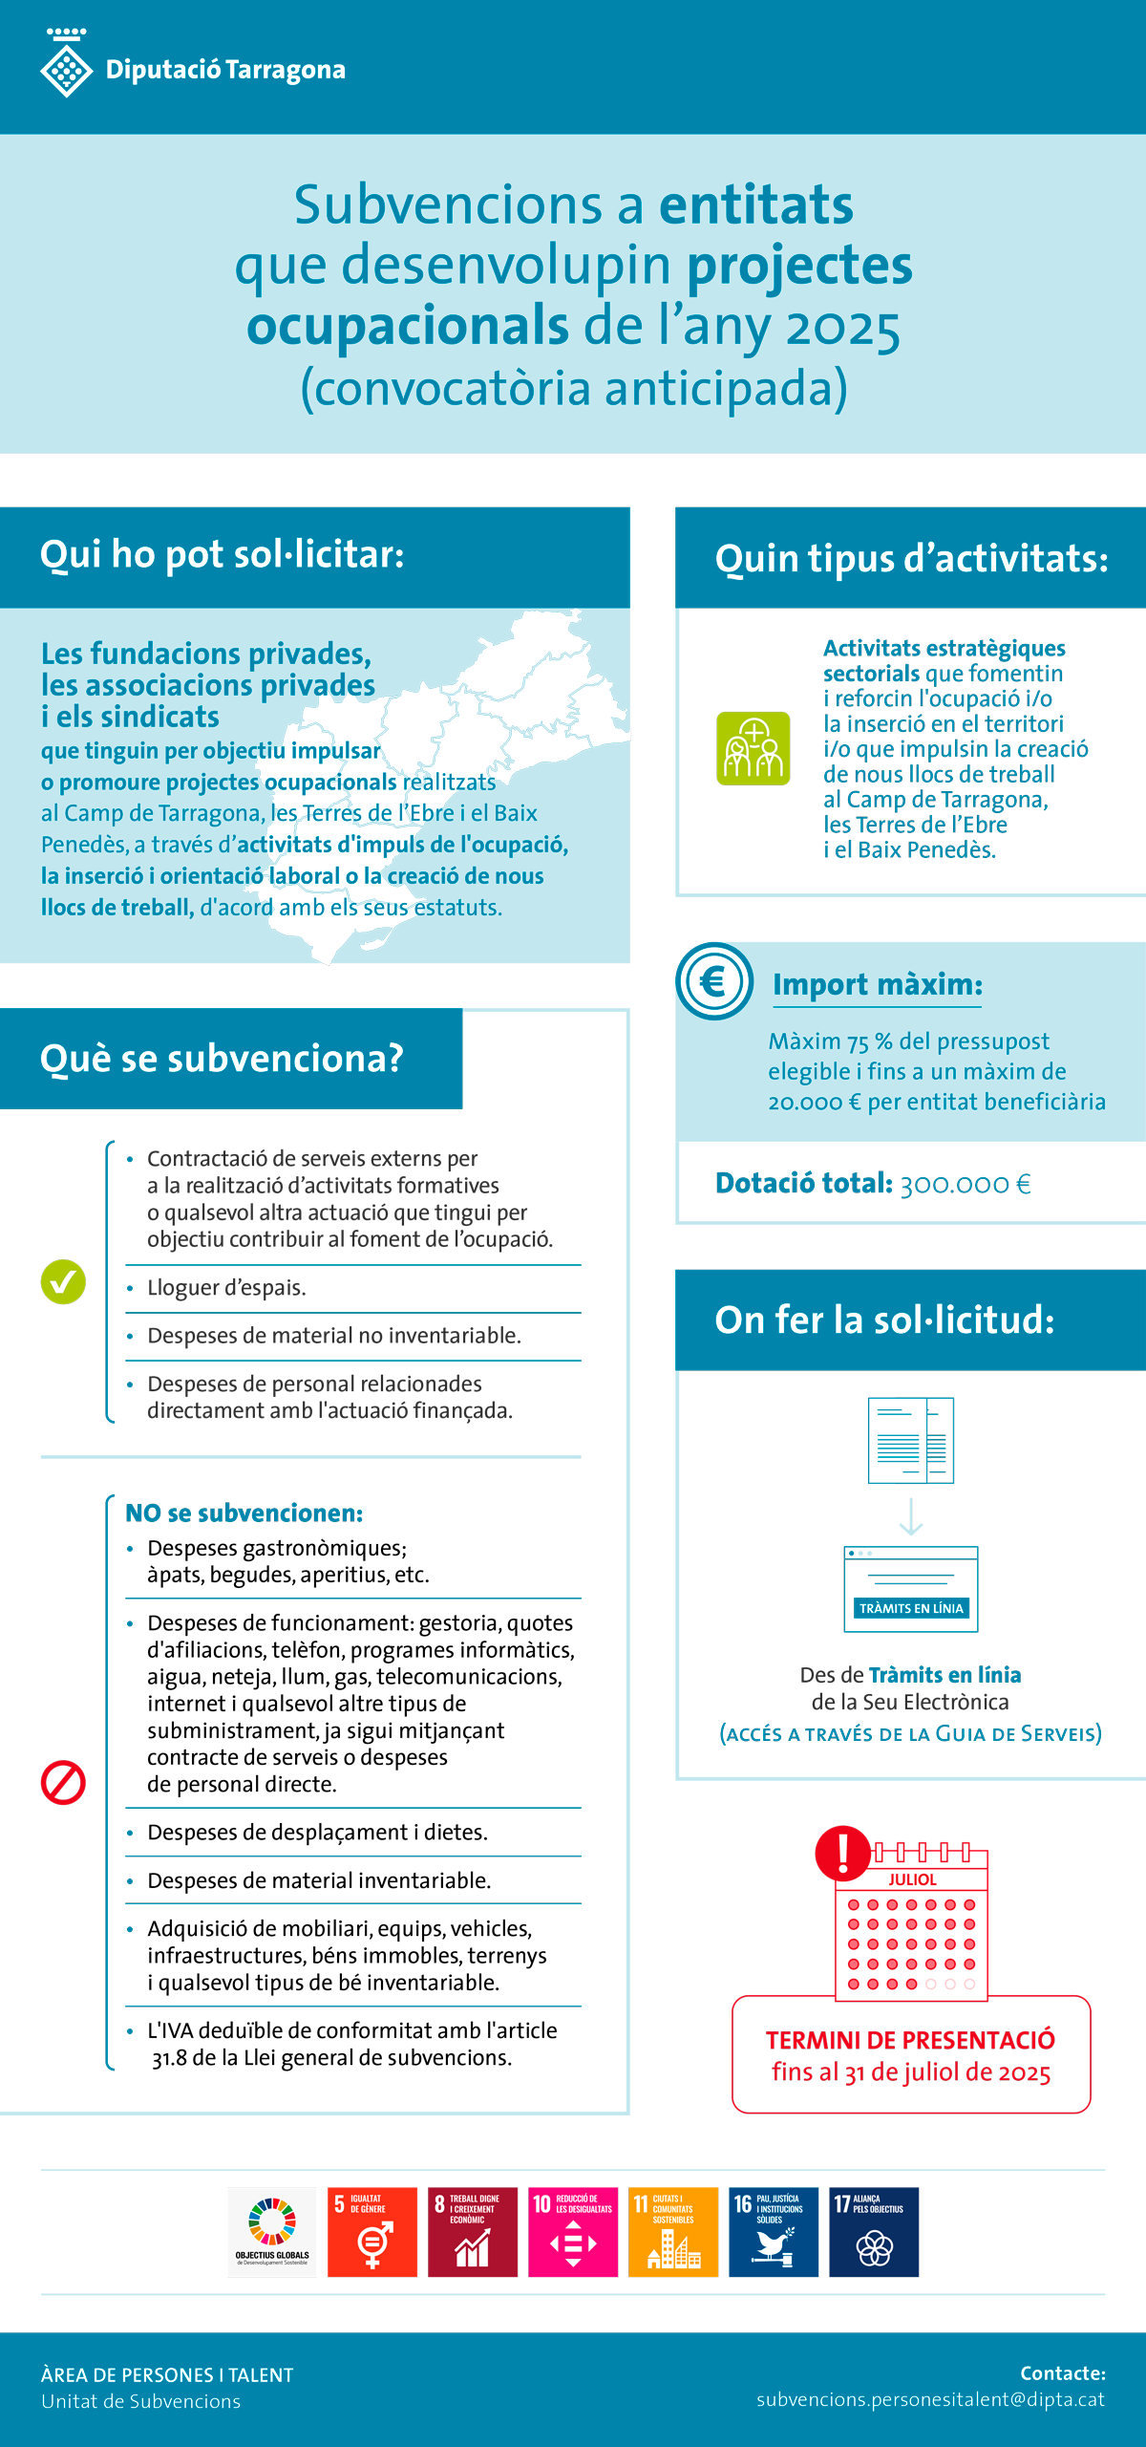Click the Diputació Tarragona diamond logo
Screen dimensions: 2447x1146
coord(66,67)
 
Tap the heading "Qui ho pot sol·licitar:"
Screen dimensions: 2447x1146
coord(222,554)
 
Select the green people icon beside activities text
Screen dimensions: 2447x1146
coord(753,748)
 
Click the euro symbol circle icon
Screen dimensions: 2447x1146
coord(714,981)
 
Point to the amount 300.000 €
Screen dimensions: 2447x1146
coord(966,1184)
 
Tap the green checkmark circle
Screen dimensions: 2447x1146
coord(63,1281)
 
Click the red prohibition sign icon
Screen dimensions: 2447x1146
coord(63,1782)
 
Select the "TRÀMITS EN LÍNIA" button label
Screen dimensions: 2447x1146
coord(911,1608)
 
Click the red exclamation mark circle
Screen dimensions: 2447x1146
coord(842,1852)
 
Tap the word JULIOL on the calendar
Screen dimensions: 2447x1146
coord(912,1879)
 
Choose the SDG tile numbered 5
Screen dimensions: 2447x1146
coord(372,2232)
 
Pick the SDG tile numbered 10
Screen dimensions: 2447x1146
coord(573,2232)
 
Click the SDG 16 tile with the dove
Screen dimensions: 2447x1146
coord(774,2232)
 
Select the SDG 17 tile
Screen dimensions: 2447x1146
coord(874,2232)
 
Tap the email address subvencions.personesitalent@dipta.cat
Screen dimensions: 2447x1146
coord(930,2399)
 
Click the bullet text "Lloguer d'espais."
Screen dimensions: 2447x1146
coord(226,1288)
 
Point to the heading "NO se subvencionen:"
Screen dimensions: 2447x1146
coord(244,1513)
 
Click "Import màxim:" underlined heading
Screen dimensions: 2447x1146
coord(877,984)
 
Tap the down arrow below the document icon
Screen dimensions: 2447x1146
coord(911,1516)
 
